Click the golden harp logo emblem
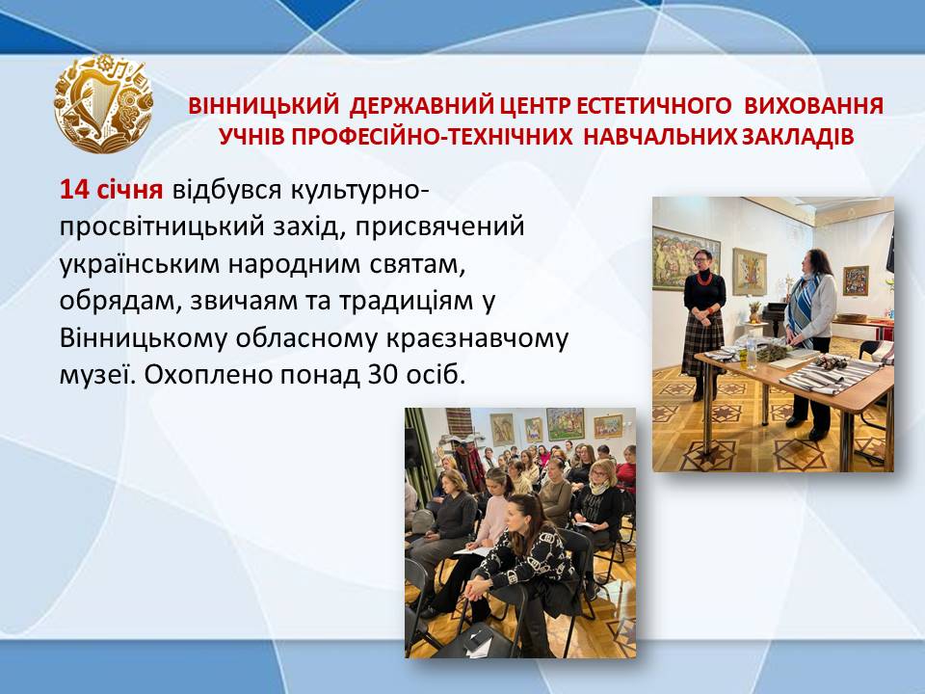click(103, 103)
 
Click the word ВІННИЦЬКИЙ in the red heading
click(264, 106)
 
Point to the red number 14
click(74, 190)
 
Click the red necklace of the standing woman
click(704, 278)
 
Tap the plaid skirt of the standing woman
click(702, 344)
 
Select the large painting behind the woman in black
click(685, 258)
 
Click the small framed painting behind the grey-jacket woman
click(855, 280)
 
